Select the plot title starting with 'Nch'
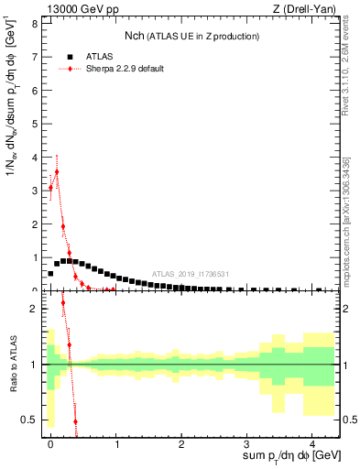pos(192,36)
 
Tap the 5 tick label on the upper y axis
pos(37,123)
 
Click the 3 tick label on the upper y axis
pos(37,190)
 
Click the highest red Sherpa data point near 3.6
pos(57,171)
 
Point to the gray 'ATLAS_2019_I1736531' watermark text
pos(190,274)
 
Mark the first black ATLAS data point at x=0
pos(50,273)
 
